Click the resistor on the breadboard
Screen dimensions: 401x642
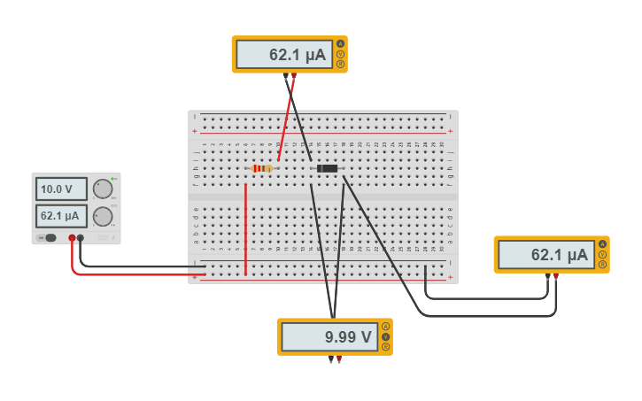(x=262, y=168)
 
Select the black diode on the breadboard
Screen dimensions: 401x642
(x=327, y=168)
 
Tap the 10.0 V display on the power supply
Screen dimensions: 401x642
(x=61, y=189)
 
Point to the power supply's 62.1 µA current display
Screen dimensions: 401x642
(x=61, y=215)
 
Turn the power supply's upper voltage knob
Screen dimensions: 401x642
(x=103, y=189)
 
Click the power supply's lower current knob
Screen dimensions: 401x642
(x=103, y=216)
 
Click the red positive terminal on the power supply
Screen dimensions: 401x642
(x=72, y=237)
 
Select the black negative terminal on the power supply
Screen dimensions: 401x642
(x=81, y=237)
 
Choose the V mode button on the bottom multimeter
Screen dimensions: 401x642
(x=386, y=336)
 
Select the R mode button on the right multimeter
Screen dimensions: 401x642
(x=603, y=264)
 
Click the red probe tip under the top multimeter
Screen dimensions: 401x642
(x=294, y=76)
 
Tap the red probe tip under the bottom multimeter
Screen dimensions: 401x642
(x=339, y=359)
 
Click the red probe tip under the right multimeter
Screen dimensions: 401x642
(x=556, y=277)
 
